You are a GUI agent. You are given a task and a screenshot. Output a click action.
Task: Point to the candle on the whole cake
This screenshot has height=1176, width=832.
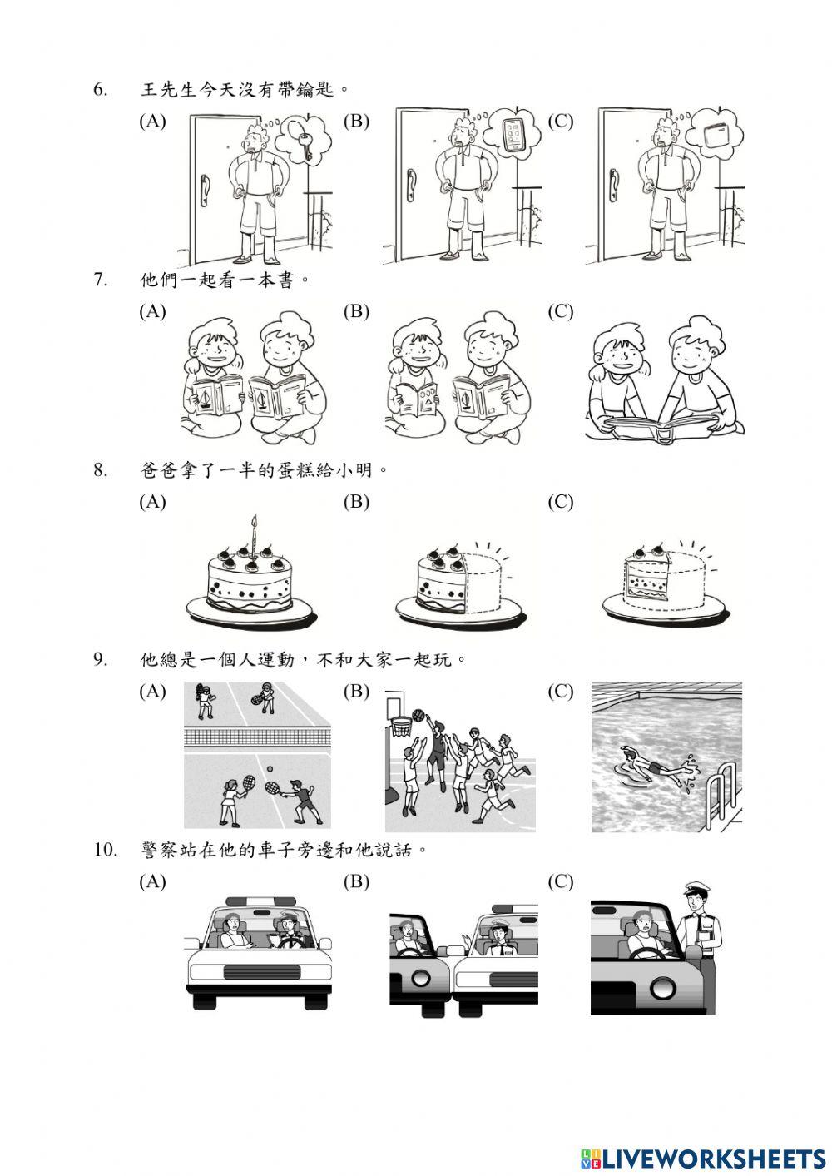point(255,532)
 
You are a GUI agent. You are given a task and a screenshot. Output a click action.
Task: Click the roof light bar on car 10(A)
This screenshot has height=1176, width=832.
point(259,901)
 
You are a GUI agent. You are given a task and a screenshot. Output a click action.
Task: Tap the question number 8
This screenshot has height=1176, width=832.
point(101,470)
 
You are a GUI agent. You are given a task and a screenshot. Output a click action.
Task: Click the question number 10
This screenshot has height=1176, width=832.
point(104,850)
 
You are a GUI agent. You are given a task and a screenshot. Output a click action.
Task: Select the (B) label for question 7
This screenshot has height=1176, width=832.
point(356,311)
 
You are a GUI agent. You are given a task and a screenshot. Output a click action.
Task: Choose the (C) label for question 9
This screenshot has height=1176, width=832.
point(561,692)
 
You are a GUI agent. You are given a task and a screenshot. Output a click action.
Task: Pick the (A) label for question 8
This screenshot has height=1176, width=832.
point(152,502)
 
